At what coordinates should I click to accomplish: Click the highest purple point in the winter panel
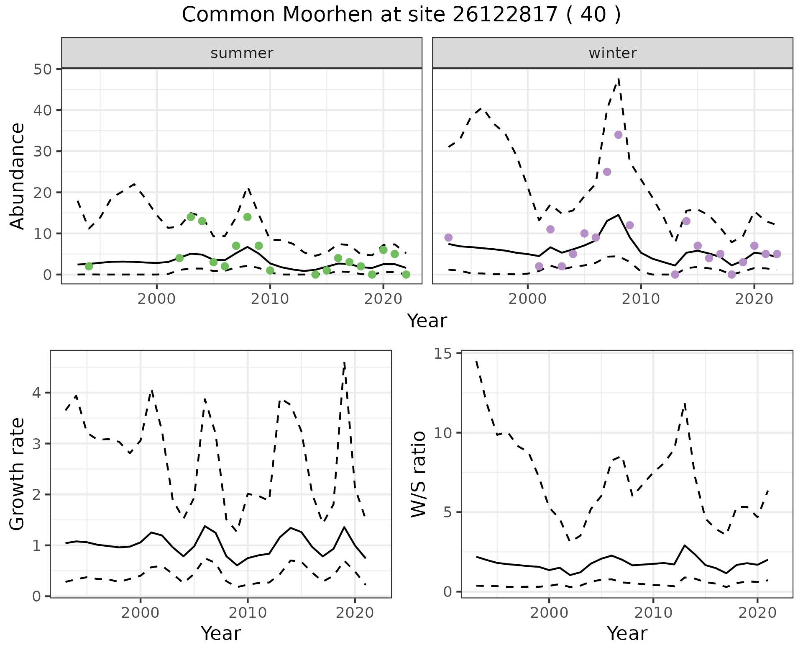618,135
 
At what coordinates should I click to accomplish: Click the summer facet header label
242,53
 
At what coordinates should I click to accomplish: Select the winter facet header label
612,53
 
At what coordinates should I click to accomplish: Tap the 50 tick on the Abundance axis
41,69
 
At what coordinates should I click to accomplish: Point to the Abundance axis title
17,176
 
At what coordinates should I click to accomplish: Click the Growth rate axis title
17,474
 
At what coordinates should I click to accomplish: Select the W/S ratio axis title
418,474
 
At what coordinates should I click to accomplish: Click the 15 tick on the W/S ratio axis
445,354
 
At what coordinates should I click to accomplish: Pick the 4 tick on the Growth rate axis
37,393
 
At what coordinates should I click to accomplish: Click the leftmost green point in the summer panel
89,266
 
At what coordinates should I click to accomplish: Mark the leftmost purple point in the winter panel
448,238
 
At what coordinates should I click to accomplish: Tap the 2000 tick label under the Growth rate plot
141,613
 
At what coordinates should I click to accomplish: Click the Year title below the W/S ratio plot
627,634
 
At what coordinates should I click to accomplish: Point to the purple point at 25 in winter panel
607,172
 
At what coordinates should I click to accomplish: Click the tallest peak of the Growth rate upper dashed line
344,362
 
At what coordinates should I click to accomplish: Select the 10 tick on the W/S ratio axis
445,433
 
